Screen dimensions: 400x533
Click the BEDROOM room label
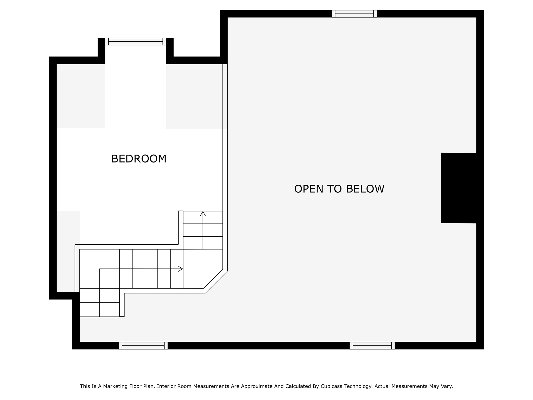139,159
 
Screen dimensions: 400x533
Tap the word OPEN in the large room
309,189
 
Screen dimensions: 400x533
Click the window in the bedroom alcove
136,41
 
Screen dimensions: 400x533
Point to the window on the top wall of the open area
354,14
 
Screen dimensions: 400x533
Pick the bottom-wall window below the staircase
143,346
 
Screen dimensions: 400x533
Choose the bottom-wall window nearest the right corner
372,346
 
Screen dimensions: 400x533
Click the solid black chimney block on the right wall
459,188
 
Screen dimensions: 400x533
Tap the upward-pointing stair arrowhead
203,214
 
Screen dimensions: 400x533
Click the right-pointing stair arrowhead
180,269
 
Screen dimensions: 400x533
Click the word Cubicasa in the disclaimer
331,386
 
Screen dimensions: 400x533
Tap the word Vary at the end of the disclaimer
447,386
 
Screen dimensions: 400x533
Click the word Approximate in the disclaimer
256,386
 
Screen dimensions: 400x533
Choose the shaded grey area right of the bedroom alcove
194,96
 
